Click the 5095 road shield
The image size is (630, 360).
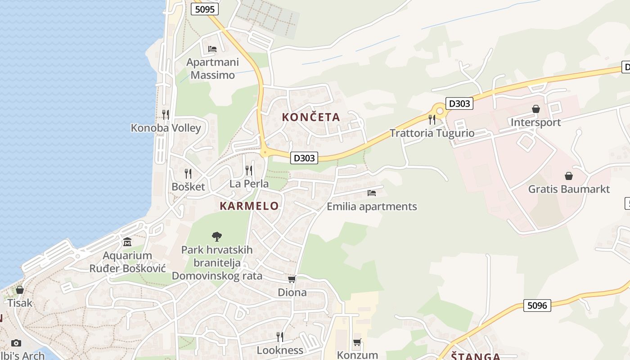coord(205,9)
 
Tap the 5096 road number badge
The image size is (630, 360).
coord(537,306)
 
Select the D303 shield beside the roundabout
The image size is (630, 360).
coord(459,103)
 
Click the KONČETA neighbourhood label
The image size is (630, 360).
coord(311,117)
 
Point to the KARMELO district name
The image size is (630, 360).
coord(249,206)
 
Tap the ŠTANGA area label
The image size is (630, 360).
coord(476,356)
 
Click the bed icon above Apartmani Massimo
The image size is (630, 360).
coord(212,49)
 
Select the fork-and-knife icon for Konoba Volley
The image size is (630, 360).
coord(166,115)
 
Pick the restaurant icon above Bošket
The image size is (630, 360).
coord(188,173)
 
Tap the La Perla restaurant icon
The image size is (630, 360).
coord(248,171)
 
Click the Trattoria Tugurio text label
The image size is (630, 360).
coord(432,133)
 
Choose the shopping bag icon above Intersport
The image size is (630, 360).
coord(536,109)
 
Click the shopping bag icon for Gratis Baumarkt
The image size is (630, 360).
coord(569,175)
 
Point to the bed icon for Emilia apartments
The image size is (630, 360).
coord(372,193)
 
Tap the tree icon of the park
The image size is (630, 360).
coord(217,236)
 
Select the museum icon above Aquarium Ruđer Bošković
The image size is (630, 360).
coord(127,242)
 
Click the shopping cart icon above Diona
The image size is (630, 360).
coord(292,279)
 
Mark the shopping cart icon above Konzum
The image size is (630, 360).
coord(357,342)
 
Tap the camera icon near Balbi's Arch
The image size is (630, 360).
coord(16,343)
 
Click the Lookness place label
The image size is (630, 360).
coord(280,350)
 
